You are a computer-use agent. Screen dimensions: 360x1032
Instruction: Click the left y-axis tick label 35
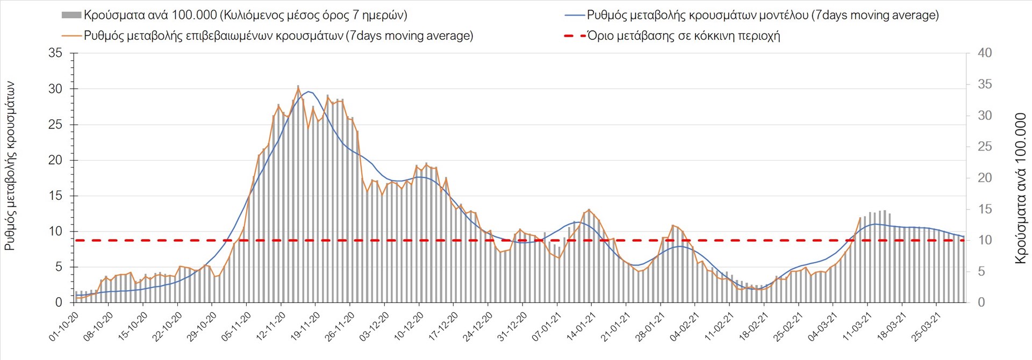click(x=55, y=53)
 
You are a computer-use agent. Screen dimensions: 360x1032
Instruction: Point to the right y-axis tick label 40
click(x=985, y=53)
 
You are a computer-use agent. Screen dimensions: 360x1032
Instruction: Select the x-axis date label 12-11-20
click(x=271, y=327)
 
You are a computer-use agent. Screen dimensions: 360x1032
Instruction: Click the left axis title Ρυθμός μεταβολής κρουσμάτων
click(x=10, y=166)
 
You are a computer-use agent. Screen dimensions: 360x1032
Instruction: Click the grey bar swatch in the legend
click(x=71, y=15)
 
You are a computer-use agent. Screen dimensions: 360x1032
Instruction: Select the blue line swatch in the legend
click(x=575, y=15)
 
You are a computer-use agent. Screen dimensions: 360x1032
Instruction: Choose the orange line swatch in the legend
click(x=72, y=36)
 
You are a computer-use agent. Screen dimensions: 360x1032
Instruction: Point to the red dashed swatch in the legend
click(x=575, y=36)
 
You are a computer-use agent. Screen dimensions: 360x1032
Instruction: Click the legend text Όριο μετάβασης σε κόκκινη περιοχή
click(x=683, y=36)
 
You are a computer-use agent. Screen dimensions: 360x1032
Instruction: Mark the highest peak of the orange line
click(x=298, y=87)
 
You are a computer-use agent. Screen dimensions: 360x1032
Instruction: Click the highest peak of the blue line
click(x=308, y=91)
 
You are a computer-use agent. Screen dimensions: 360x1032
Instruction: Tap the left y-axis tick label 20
click(x=55, y=160)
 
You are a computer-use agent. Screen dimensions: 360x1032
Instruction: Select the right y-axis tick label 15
click(x=985, y=209)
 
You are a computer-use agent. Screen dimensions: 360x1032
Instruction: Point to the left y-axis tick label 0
click(x=59, y=303)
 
